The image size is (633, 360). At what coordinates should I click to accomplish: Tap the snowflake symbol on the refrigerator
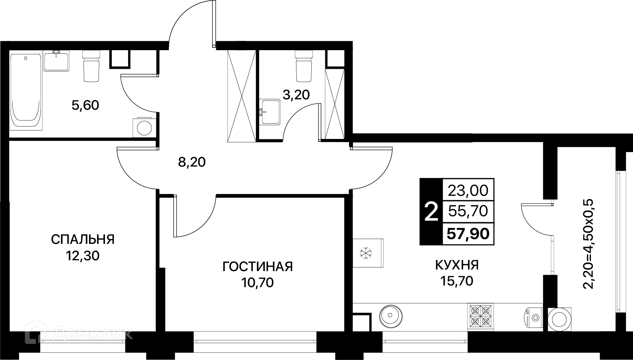(x=366, y=253)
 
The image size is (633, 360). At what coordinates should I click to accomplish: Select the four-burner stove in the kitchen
(x=480, y=316)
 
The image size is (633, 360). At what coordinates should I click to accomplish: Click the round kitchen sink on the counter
(x=391, y=316)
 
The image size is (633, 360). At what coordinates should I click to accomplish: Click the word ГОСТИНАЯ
(x=258, y=267)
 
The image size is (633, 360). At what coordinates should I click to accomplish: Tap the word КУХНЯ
(x=457, y=265)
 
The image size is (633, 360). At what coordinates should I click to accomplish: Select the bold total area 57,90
(x=468, y=234)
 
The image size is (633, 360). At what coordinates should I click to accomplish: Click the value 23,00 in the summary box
(x=468, y=191)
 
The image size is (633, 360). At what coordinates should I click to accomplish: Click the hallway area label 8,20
(x=192, y=162)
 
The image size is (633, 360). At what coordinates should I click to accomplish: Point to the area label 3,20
(x=296, y=95)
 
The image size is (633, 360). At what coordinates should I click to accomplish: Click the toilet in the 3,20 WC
(x=304, y=66)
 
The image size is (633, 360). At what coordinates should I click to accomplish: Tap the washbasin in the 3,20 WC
(x=270, y=112)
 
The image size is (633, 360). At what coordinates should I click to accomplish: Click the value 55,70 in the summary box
(x=468, y=211)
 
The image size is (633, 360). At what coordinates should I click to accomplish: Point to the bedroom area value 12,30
(x=83, y=256)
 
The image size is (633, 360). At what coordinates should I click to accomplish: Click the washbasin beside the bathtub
(x=56, y=60)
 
